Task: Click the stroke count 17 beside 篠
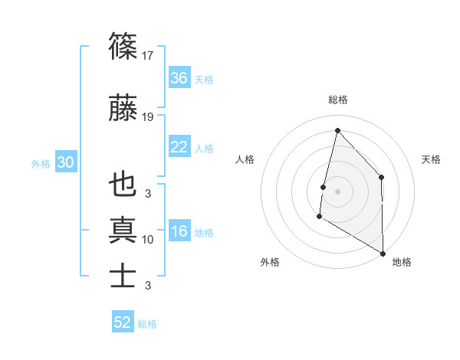click(148, 56)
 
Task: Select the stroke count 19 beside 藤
click(148, 117)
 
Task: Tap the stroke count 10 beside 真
click(148, 240)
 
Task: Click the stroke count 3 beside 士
click(148, 286)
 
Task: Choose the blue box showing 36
click(179, 79)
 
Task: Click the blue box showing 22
click(179, 148)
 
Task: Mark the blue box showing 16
click(179, 232)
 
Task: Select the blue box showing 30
click(65, 162)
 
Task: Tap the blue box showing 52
click(123, 322)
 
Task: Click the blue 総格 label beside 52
click(147, 324)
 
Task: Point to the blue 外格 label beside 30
click(41, 163)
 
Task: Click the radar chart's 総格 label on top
click(337, 100)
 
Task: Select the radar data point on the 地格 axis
click(383, 254)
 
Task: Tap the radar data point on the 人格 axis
click(324, 187)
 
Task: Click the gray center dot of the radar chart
click(337, 191)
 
